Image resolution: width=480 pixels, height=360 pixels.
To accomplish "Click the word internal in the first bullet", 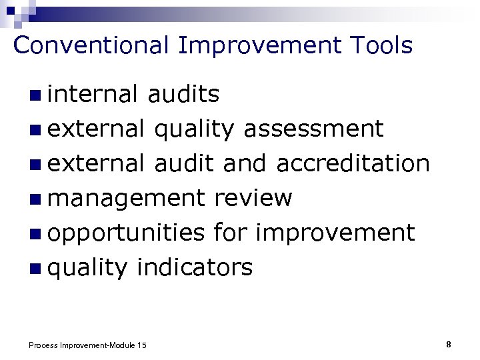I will (93, 94).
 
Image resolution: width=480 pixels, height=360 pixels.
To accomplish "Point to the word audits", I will (183, 94).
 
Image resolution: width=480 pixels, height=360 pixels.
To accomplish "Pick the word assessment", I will (313, 129).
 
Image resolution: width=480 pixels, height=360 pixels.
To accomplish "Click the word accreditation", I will (352, 163).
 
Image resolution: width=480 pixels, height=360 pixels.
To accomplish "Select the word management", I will (126, 199).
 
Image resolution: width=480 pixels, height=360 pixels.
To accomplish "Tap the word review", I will (253, 198).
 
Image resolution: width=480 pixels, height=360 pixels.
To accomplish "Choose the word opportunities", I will (126, 233).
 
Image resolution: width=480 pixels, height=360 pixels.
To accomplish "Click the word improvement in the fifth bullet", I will (335, 233).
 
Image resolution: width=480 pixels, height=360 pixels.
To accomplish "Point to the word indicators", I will (194, 268).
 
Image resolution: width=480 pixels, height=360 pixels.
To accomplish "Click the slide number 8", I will (449, 344).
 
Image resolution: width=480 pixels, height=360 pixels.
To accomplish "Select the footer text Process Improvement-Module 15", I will (87, 345).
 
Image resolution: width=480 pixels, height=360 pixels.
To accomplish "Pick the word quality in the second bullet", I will (194, 129).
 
